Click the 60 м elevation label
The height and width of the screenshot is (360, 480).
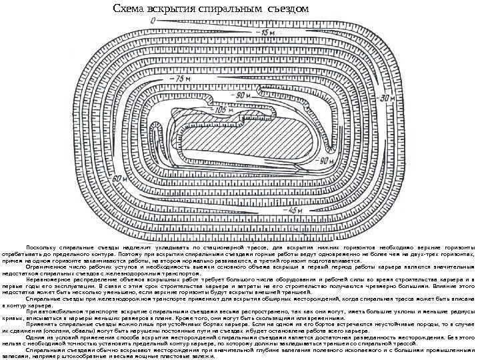point(119,179)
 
